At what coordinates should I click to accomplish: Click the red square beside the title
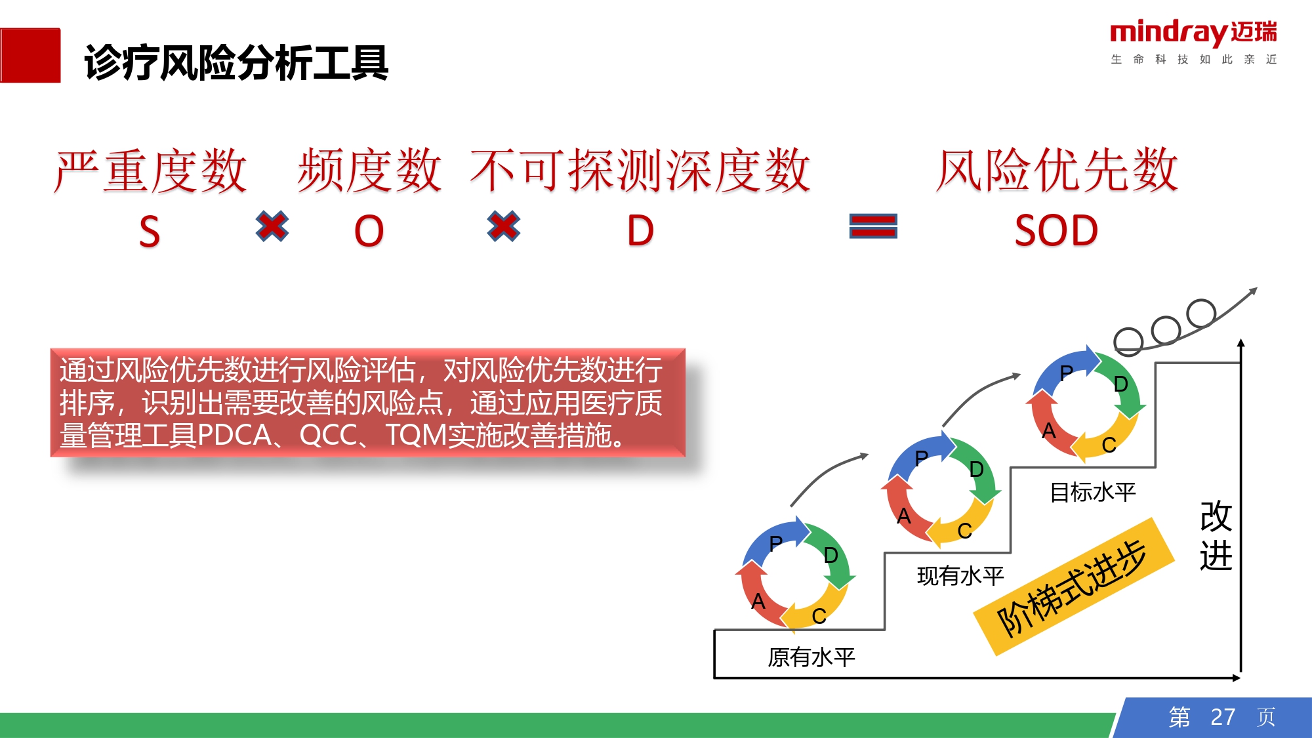pyautogui.click(x=30, y=55)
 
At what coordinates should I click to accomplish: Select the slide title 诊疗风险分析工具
pyautogui.click(x=237, y=63)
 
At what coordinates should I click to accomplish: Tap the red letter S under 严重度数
pyautogui.click(x=150, y=232)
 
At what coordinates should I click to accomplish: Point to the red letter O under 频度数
pyautogui.click(x=369, y=231)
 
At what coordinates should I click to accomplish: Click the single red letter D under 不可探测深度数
pyautogui.click(x=640, y=231)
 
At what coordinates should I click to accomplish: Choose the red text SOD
pyautogui.click(x=1056, y=231)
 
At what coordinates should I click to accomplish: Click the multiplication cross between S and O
pyautogui.click(x=272, y=226)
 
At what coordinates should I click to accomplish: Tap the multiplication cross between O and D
pyautogui.click(x=504, y=226)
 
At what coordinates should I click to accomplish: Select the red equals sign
pyautogui.click(x=873, y=226)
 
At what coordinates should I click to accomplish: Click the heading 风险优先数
pyautogui.click(x=1057, y=170)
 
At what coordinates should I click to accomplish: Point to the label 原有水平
pyautogui.click(x=811, y=657)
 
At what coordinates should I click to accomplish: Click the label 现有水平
pyautogui.click(x=960, y=576)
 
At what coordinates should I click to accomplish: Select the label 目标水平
pyautogui.click(x=1092, y=492)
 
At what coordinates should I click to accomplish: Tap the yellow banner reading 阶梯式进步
pyautogui.click(x=1073, y=586)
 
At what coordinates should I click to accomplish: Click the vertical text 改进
pyautogui.click(x=1216, y=535)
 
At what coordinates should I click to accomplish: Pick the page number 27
pyautogui.click(x=1223, y=717)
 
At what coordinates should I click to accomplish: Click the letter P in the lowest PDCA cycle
pyautogui.click(x=776, y=543)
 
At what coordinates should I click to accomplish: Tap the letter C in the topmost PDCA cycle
pyautogui.click(x=1109, y=445)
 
